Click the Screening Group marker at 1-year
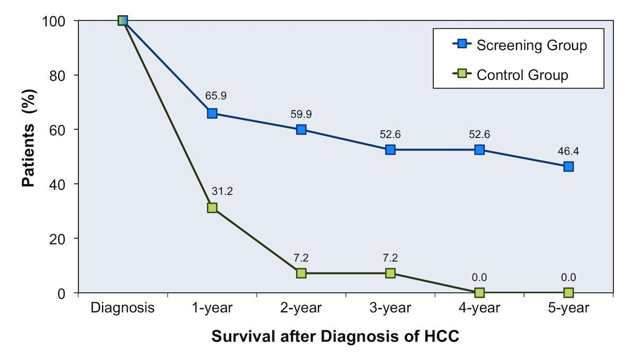click(x=212, y=113)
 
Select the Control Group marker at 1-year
click(x=212, y=208)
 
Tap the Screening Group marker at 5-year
click(x=568, y=166)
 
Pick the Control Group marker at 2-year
click(x=301, y=273)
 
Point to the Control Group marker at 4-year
click(x=479, y=292)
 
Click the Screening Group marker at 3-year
click(x=391, y=150)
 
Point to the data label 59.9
click(x=301, y=113)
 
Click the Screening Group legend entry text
click(x=531, y=45)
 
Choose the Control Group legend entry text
click(x=522, y=75)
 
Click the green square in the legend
click(x=462, y=74)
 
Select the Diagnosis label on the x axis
click(x=123, y=308)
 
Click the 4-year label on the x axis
click(x=479, y=308)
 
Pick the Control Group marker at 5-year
click(x=568, y=292)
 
